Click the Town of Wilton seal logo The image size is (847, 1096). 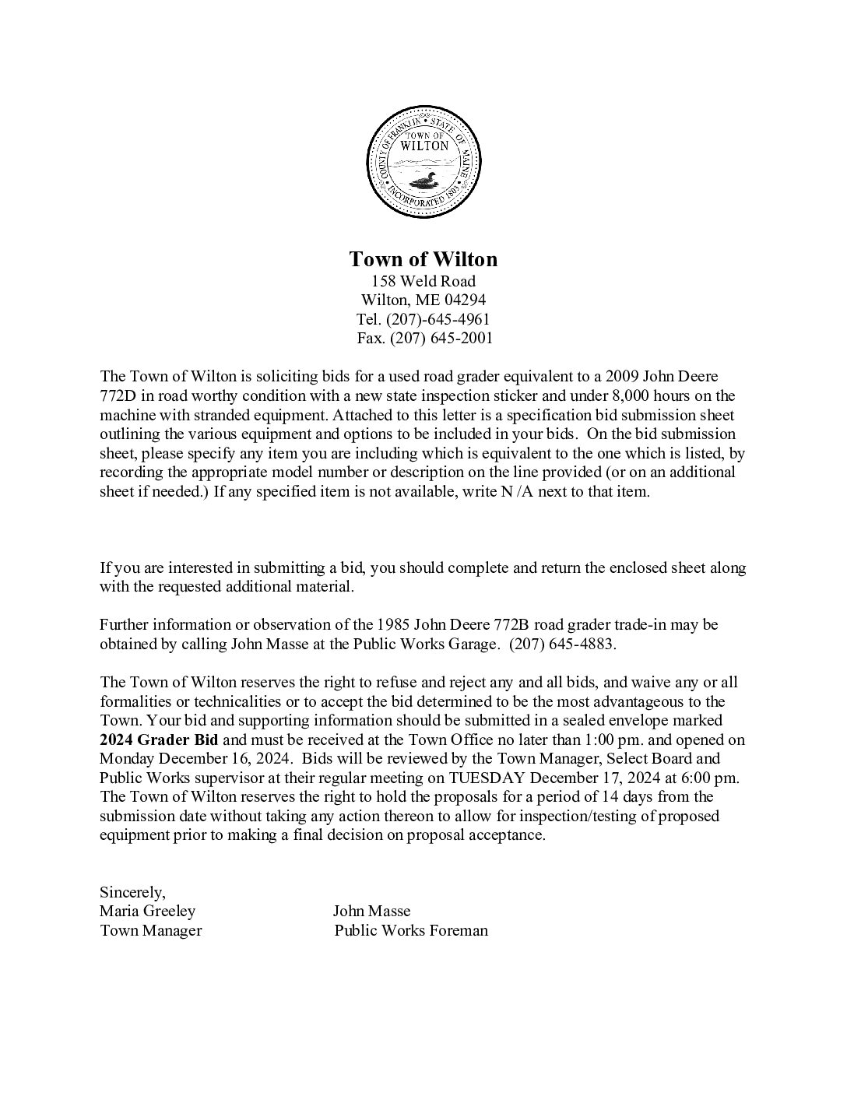(x=423, y=163)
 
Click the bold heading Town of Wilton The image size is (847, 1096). (x=423, y=258)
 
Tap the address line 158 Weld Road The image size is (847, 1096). (x=423, y=281)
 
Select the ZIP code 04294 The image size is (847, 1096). (x=465, y=300)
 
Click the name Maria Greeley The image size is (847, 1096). (x=147, y=911)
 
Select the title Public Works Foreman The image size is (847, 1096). (x=411, y=930)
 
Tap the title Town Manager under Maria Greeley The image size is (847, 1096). (x=150, y=930)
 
